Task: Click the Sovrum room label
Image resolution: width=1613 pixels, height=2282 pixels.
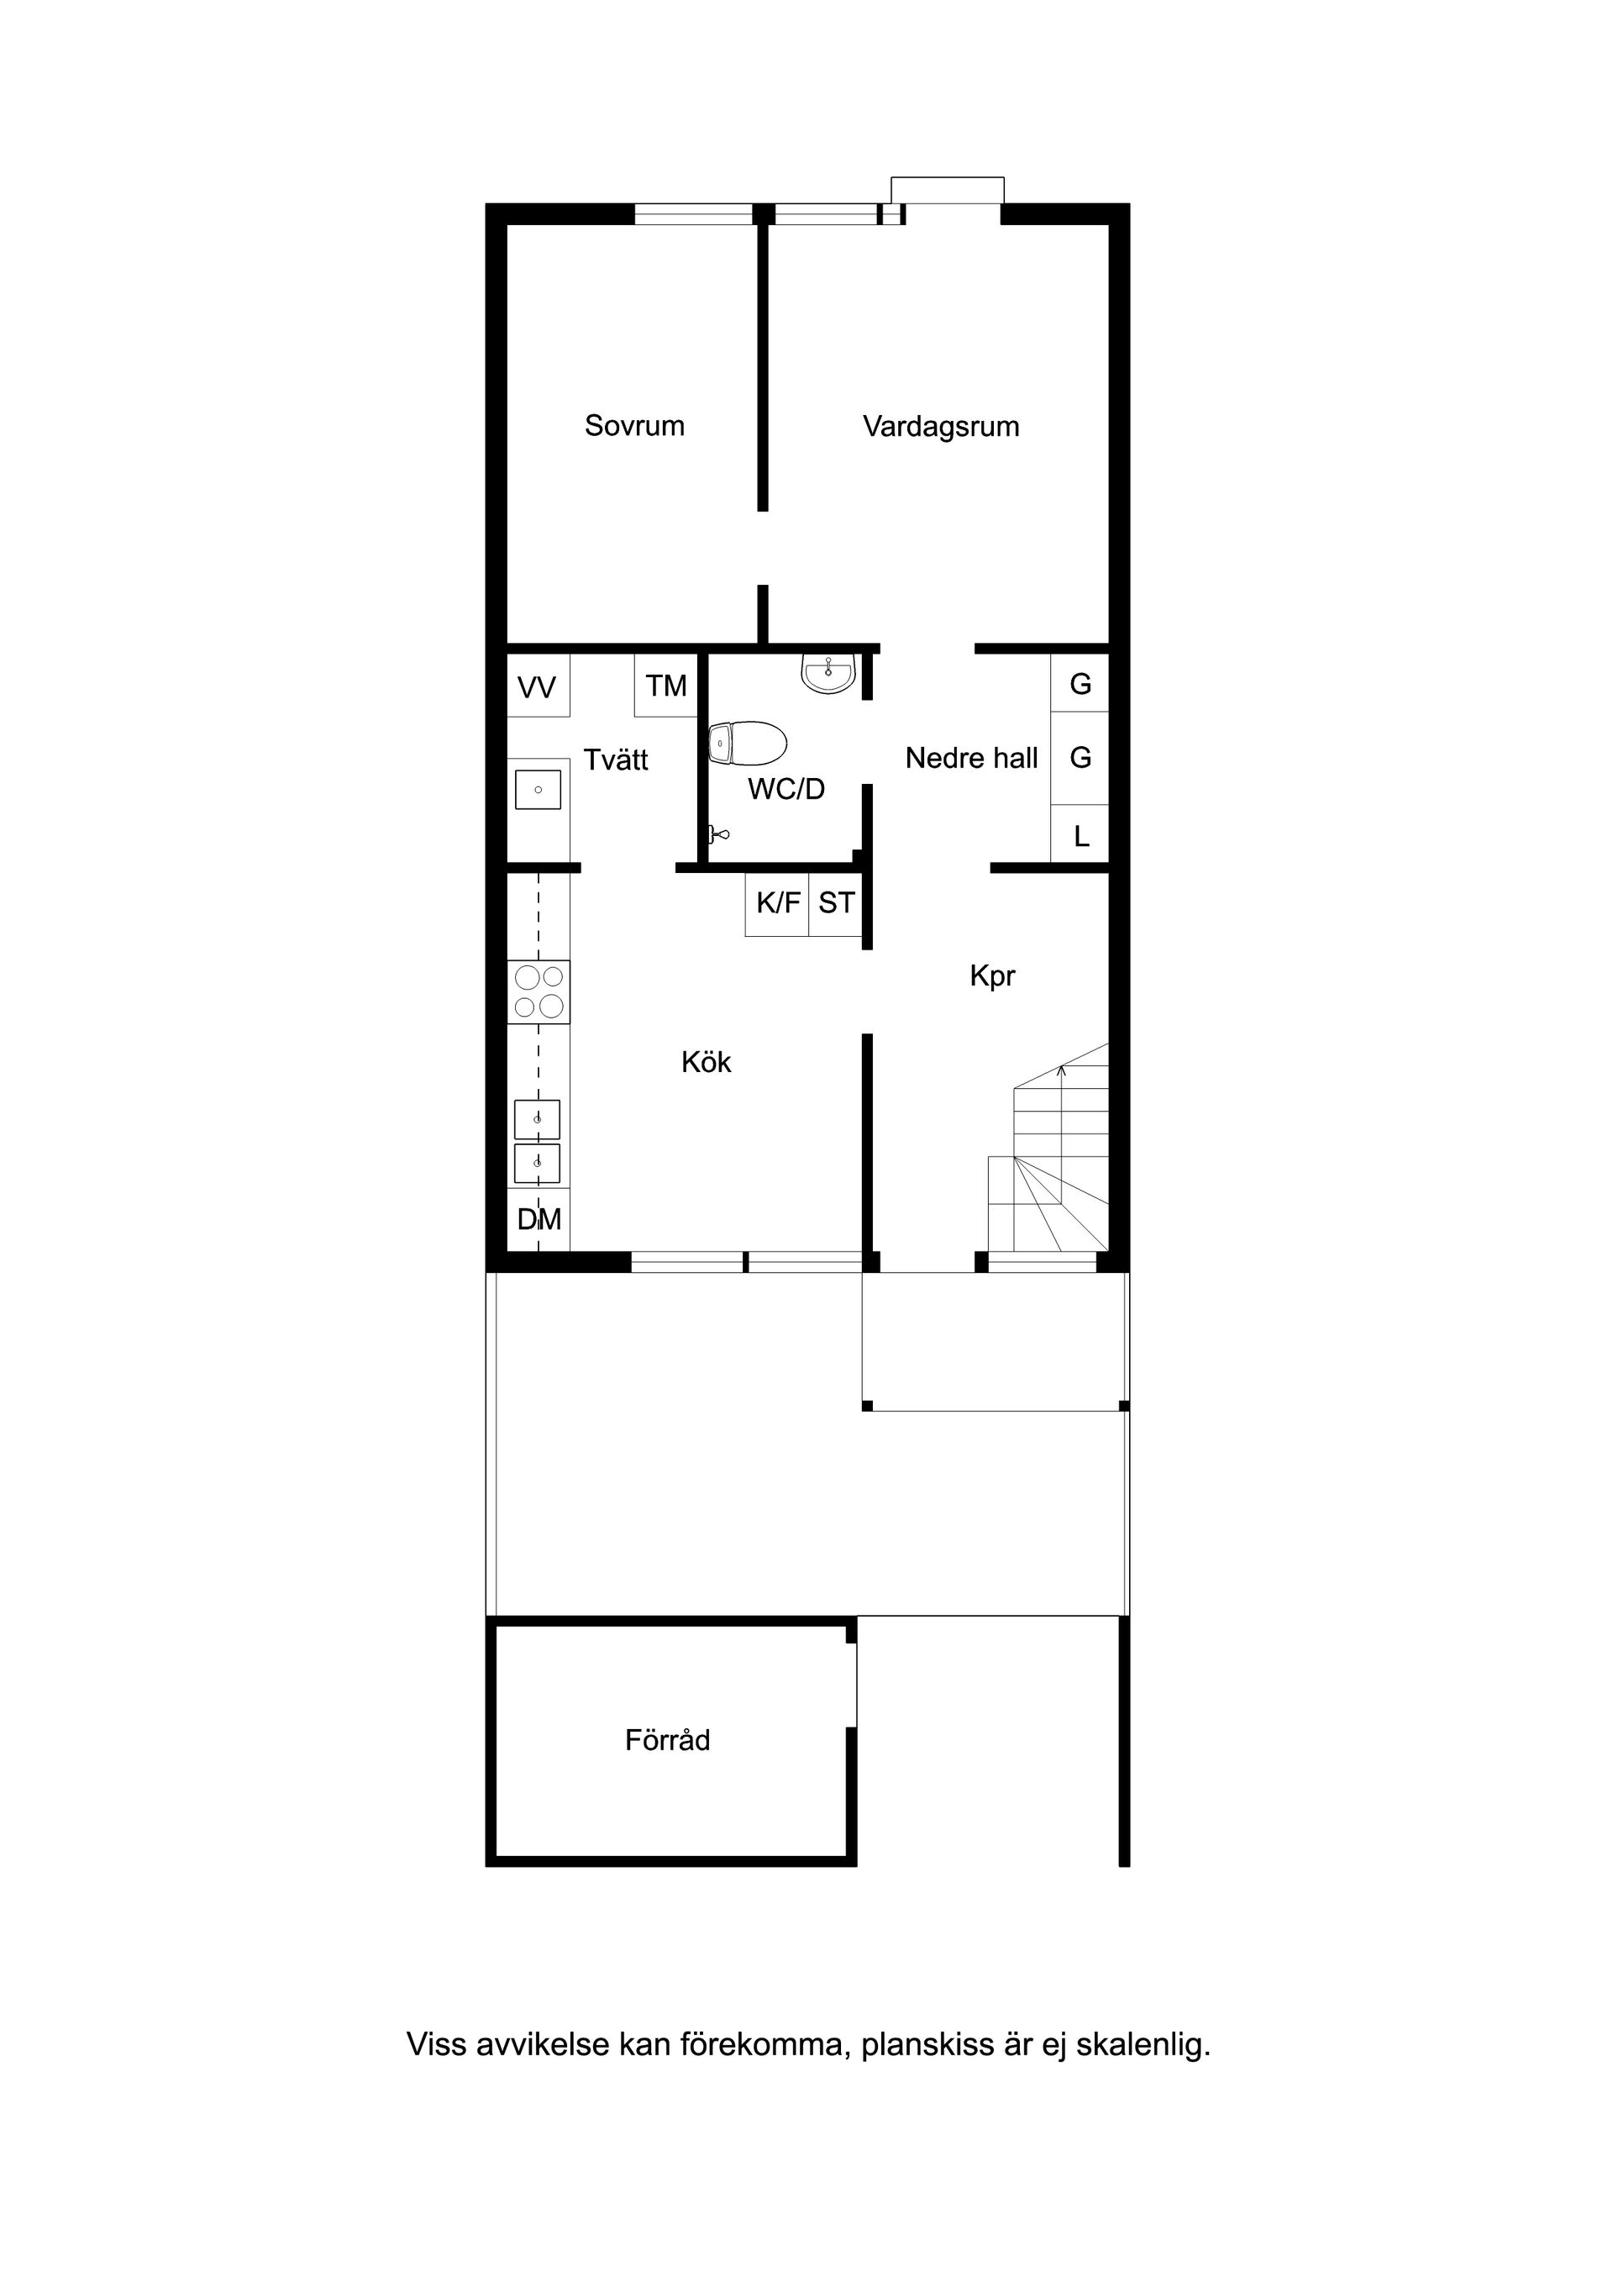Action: point(634,426)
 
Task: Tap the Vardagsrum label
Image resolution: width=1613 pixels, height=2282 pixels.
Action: point(940,428)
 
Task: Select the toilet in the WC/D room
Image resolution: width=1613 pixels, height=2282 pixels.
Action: point(748,743)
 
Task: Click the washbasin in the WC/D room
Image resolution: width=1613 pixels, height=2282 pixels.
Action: point(828,674)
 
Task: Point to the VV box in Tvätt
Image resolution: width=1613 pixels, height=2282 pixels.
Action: point(538,686)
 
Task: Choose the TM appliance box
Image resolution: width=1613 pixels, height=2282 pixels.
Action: point(666,686)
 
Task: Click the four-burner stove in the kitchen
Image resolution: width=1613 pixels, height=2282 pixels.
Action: point(539,992)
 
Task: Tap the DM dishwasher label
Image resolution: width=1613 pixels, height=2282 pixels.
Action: point(539,1219)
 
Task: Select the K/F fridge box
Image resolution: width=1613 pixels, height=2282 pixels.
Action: point(777,903)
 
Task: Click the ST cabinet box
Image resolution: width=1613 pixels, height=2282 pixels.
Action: point(836,903)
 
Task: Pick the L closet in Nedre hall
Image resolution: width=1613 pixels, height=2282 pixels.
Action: point(1080,836)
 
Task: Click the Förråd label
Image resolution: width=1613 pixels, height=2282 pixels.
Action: point(667,1740)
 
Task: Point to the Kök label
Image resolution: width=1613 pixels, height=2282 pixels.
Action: point(706,1063)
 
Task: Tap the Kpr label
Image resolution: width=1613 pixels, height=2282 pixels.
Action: point(992,976)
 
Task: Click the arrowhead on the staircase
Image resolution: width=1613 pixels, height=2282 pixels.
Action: point(1061,1070)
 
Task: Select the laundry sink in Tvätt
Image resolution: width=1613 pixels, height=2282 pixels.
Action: point(538,790)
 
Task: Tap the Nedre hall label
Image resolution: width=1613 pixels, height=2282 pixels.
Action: point(971,760)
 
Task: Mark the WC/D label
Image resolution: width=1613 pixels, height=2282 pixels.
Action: point(786,789)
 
